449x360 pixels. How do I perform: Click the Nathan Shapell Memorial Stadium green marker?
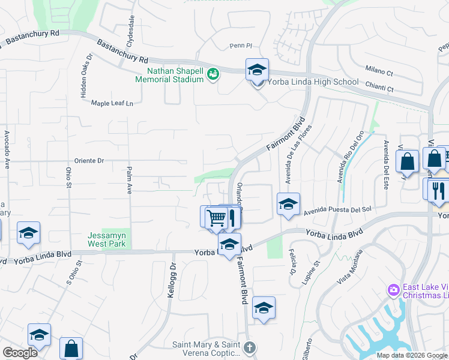[212, 74]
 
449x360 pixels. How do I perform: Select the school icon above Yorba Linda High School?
[257, 70]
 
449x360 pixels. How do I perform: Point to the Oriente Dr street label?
[89, 161]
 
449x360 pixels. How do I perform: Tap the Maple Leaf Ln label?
[112, 103]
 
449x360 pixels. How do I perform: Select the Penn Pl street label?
[241, 46]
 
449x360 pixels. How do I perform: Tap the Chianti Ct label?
[381, 89]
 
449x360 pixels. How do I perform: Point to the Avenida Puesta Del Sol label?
[338, 211]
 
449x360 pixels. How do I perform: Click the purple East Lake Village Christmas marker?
[394, 290]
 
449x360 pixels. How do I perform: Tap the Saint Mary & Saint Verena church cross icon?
[250, 347]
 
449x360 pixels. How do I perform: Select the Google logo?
[20, 353]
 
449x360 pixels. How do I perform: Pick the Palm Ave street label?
[128, 181]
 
